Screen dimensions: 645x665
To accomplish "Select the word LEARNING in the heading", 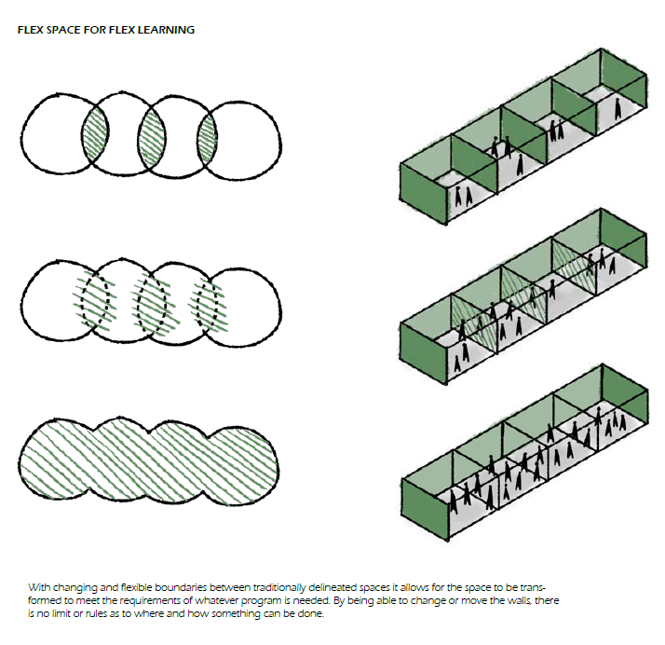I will pyautogui.click(x=169, y=30).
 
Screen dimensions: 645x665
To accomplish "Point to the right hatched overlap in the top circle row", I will pyautogui.click(x=207, y=136).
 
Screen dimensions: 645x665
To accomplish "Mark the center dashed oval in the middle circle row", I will pyautogui.click(x=151, y=302).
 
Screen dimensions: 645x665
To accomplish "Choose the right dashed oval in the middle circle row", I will pyautogui.click(x=207, y=302).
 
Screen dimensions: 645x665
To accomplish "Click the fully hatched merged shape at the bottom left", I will pyautogui.click(x=149, y=460).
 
